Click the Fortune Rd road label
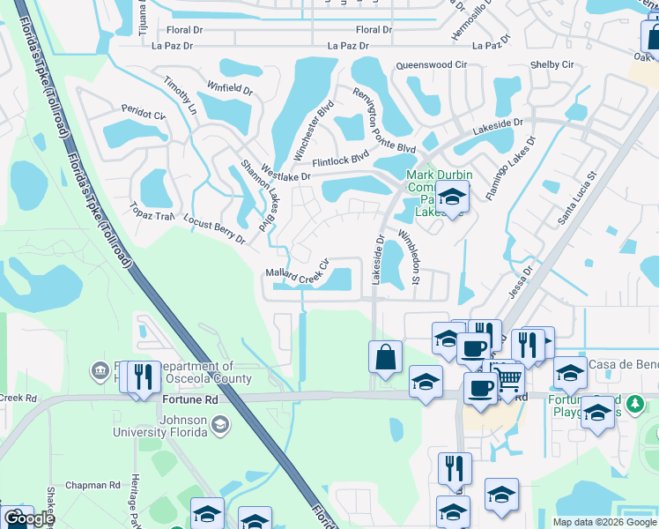[x=189, y=399]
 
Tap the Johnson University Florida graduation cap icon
[x=220, y=427]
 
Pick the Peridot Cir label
[x=143, y=115]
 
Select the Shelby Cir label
[x=552, y=65]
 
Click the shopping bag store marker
[x=385, y=357]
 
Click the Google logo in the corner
[x=29, y=518]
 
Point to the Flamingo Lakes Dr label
[x=509, y=167]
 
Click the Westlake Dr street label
[x=286, y=176]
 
